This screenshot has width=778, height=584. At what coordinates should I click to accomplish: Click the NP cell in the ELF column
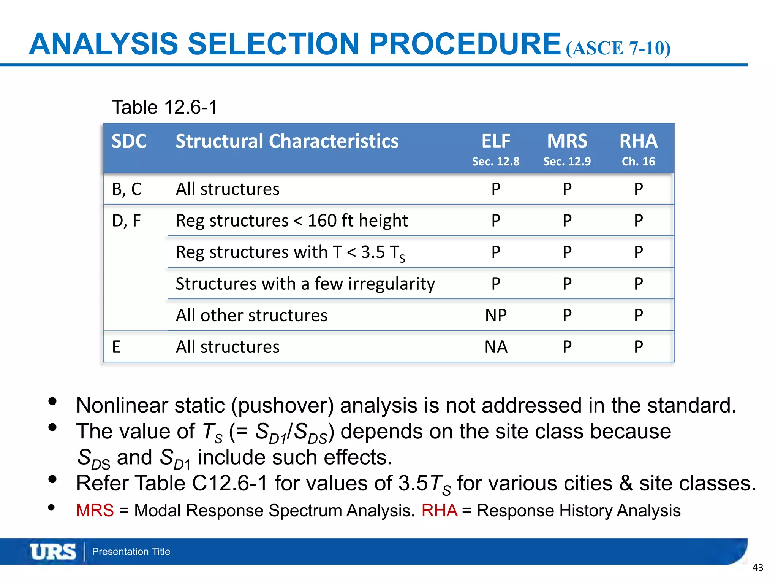[x=496, y=315]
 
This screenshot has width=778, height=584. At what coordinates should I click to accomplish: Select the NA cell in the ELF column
[x=496, y=347]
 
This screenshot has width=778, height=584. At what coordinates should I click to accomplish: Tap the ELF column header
[x=496, y=141]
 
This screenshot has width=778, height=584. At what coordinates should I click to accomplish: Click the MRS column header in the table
[x=567, y=141]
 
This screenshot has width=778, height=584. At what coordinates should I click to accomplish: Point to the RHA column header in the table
[x=638, y=141]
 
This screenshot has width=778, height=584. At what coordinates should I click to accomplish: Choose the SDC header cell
[x=129, y=141]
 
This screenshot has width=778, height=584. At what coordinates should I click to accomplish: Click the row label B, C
[x=127, y=189]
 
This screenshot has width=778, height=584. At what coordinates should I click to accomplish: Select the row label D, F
[x=126, y=221]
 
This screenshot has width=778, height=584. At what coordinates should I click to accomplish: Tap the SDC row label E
[x=116, y=347]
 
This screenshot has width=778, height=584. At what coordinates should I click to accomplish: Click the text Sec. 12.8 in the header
[x=496, y=162]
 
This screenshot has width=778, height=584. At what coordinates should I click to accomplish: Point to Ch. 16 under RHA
[x=638, y=162]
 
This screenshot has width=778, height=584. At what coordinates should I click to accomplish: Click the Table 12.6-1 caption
[x=164, y=107]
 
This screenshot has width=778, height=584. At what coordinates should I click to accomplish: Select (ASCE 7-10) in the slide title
[x=618, y=48]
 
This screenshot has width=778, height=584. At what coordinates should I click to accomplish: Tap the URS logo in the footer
[x=53, y=552]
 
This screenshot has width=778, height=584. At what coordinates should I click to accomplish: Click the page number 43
[x=757, y=568]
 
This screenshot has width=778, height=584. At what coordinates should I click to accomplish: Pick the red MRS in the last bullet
[x=95, y=510]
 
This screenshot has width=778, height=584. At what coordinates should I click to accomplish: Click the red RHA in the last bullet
[x=440, y=510]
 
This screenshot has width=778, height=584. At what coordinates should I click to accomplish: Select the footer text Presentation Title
[x=131, y=552]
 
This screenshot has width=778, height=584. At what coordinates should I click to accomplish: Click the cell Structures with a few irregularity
[x=305, y=284]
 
